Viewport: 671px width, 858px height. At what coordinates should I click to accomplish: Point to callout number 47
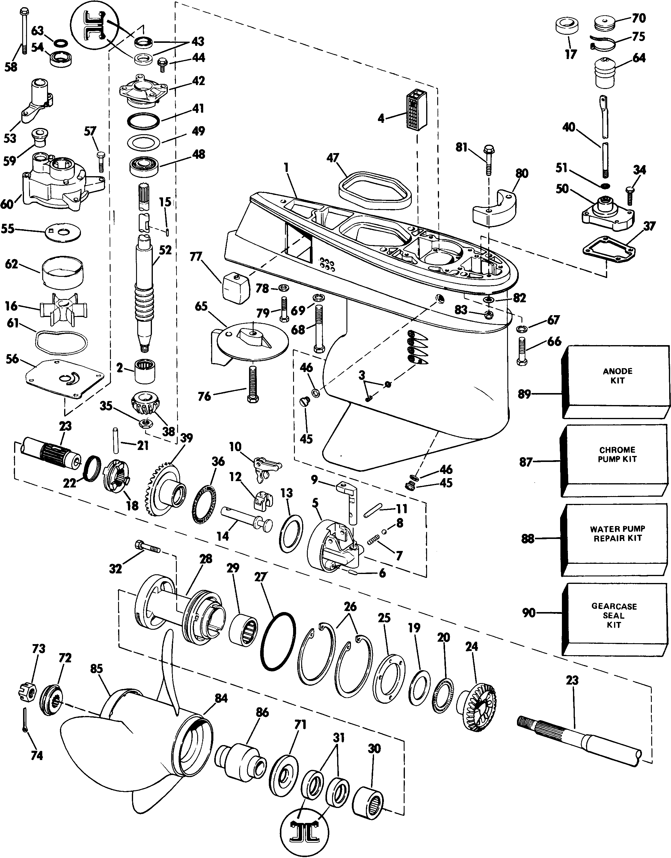pos(333,158)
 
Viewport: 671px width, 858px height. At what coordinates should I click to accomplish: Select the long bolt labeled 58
pos(22,31)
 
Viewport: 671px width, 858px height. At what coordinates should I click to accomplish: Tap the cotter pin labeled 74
pos(25,720)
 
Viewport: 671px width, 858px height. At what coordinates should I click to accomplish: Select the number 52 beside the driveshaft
pos(165,250)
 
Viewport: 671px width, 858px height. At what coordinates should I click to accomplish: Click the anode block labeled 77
pos(236,288)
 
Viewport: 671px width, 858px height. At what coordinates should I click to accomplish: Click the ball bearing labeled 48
pos(144,165)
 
